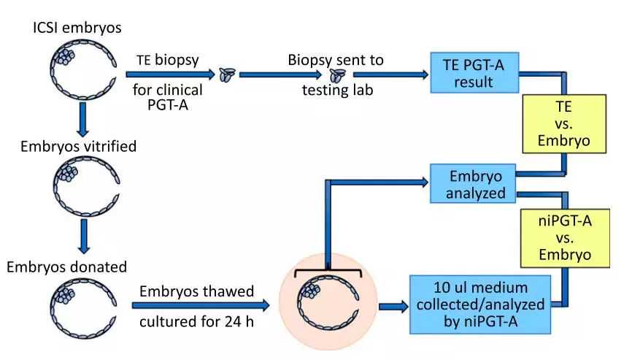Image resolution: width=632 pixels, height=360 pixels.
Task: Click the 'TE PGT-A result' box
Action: point(474,73)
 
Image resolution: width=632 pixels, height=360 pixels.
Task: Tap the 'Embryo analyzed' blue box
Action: point(473,183)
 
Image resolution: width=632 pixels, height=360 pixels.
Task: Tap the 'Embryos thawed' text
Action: point(199,291)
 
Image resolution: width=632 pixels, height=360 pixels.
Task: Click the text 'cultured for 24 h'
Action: point(198,322)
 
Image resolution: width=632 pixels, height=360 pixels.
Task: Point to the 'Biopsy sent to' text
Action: point(335,59)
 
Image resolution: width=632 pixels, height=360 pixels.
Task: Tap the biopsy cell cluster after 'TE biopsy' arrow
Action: point(228,74)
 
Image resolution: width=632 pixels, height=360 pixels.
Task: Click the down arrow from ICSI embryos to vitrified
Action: point(82,119)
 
